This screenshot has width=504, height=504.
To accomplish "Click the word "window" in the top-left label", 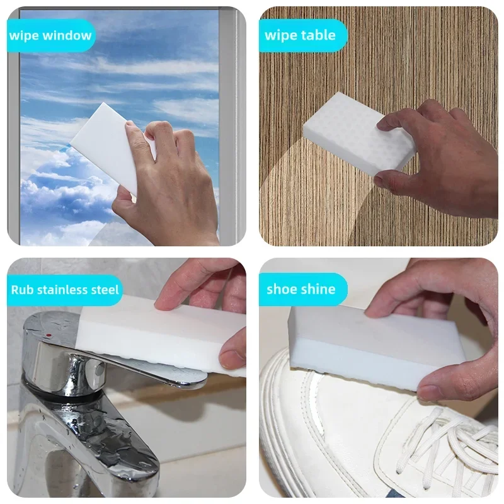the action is pos(67,35).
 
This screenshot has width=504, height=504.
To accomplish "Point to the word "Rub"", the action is pos(22,290).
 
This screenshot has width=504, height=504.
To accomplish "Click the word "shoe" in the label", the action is pos(282,289).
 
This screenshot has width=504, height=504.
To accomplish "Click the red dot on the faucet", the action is pos(49,335).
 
